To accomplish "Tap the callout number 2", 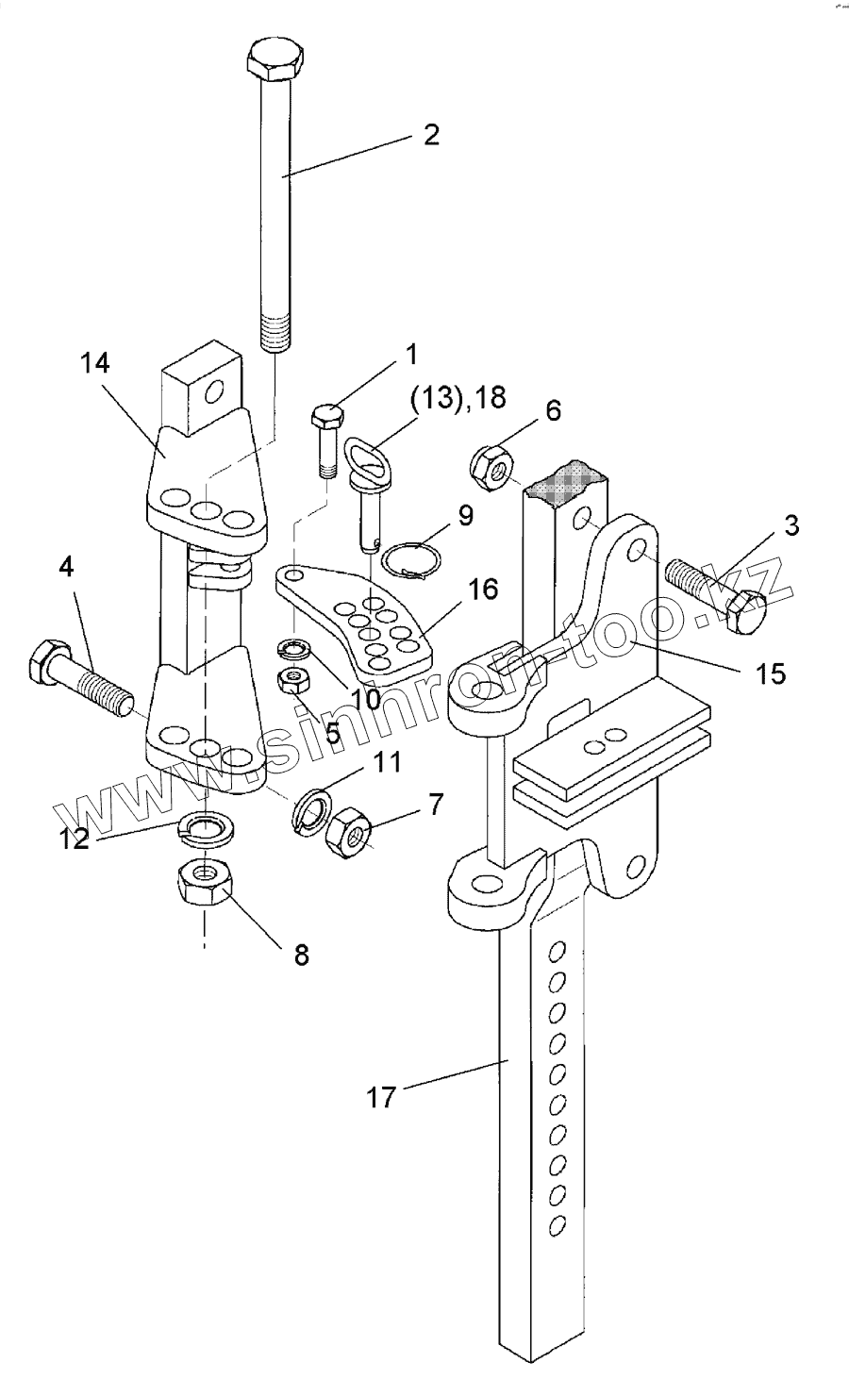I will coord(430,134).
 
